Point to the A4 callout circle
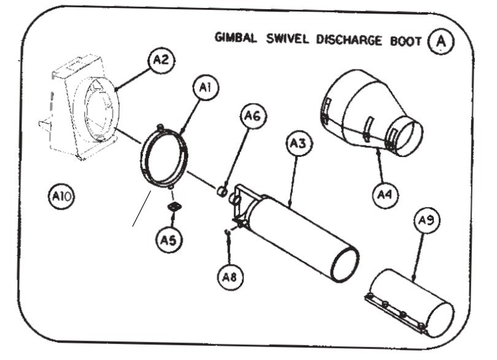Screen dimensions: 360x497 (x=383, y=196)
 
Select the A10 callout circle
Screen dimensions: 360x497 (x=61, y=197)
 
